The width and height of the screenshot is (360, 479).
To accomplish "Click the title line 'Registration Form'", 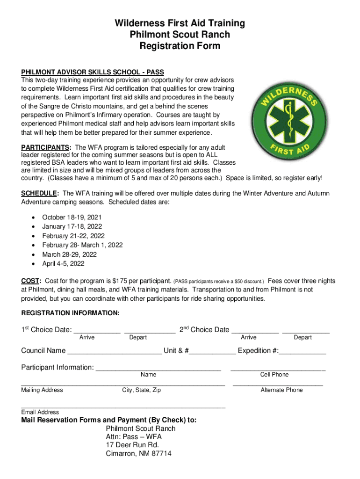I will pos(180,46).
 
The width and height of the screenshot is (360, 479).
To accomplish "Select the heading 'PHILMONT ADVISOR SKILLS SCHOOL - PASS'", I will pos(93,72).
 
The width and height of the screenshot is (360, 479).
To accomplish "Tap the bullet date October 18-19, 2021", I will pos(72,218).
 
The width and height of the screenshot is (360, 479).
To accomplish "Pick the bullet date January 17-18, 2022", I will pos(72,226).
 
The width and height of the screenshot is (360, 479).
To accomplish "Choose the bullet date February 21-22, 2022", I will pos(73,236).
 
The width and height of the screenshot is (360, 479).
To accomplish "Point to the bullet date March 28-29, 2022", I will pos(69,254).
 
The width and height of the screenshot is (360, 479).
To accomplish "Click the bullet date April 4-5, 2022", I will pos(63,263).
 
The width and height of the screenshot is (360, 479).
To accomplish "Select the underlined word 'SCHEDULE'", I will pos(38,193).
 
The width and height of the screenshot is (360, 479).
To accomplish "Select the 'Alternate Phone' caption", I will pos(281,390).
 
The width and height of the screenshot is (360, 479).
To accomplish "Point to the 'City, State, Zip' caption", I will pos(141,390).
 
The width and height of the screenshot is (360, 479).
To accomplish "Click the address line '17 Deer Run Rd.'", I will pos(132,445).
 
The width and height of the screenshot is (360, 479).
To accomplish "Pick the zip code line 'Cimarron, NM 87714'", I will pos(138,454).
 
